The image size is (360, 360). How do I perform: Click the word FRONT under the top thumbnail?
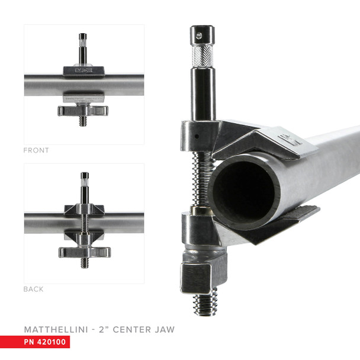coord(36,150)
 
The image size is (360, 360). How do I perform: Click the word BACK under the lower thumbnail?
coord(33,290)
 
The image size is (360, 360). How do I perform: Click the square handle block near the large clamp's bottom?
coord(196,276)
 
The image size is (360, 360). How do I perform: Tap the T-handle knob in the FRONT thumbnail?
coord(83,110)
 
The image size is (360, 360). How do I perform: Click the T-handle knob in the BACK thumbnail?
coord(84,252)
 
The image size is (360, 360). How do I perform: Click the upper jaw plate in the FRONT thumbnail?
coord(84,70)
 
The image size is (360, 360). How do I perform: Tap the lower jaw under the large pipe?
coord(278,222)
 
